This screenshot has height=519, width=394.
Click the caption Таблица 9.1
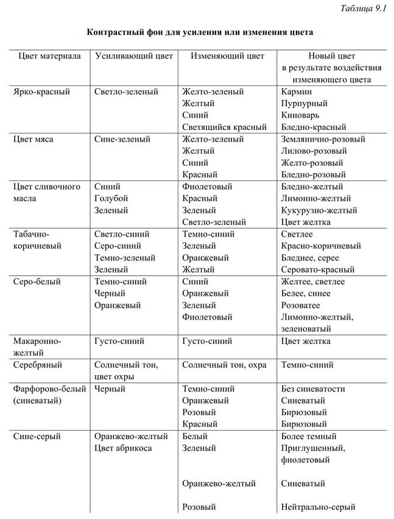[x=362, y=8]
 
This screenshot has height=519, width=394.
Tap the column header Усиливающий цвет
[x=133, y=55]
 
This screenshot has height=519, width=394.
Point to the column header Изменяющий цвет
[x=227, y=55]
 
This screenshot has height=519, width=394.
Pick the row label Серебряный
[x=38, y=365]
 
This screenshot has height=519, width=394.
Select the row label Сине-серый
[x=37, y=437]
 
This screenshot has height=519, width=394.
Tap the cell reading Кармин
[x=297, y=91]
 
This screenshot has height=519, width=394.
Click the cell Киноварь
[x=300, y=115]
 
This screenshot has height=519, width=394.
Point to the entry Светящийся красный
[x=224, y=127]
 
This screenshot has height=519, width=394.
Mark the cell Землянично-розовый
[x=323, y=139]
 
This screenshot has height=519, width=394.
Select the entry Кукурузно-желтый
[x=319, y=210]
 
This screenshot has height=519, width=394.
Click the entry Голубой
[x=111, y=199]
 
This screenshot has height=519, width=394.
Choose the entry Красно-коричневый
[x=321, y=246]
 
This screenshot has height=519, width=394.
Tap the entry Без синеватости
[x=313, y=388]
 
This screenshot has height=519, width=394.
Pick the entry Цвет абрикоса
[x=123, y=448]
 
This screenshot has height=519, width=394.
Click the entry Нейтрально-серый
[x=318, y=507]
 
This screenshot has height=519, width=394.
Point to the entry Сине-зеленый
[x=122, y=139]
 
